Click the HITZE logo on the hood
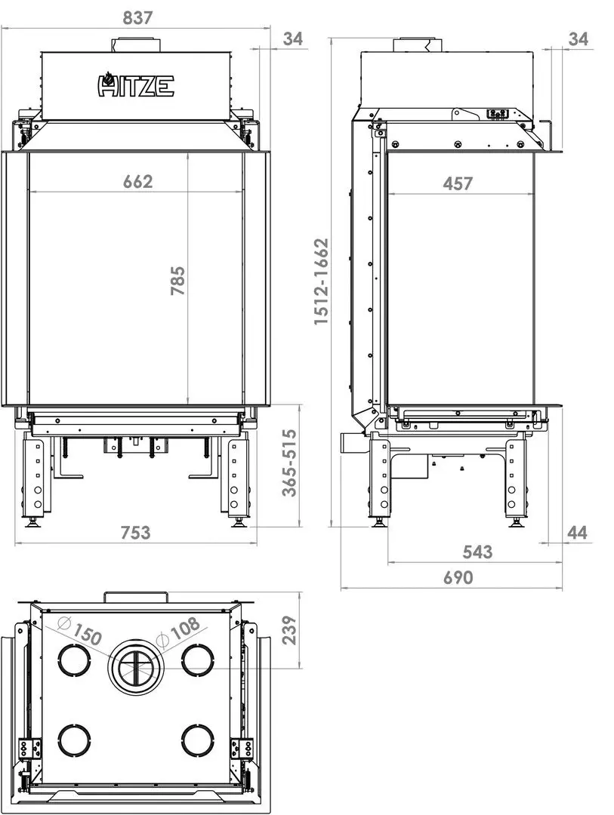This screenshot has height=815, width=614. point(136,85)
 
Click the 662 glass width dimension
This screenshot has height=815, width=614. point(137,181)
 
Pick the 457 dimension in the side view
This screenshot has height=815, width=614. point(458,183)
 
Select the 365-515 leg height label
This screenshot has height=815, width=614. point(289,463)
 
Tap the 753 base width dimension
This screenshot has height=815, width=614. point(136,532)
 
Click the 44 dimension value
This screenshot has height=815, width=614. point(577,533)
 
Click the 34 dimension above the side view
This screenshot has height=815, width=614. point(578,38)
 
